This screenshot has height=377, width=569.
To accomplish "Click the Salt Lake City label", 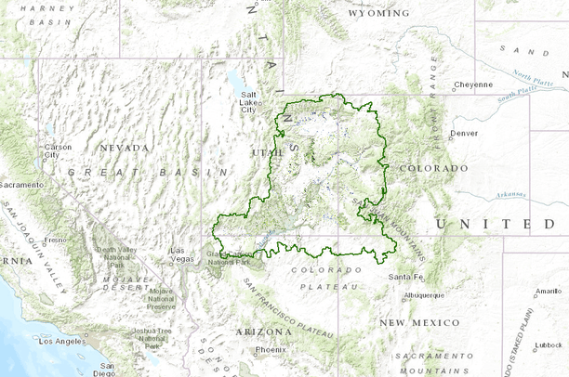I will pos(248,102).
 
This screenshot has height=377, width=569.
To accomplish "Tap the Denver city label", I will pos(464,133).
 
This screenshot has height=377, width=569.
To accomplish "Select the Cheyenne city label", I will pos(473,84).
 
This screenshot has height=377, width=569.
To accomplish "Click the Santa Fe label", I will pos(405,277).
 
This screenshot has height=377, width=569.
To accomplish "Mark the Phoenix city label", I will pos(271,349).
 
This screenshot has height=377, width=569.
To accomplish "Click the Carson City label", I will pos(58,149).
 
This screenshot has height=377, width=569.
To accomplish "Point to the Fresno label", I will pos(56,240).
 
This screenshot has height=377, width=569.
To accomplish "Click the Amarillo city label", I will pos(549,291).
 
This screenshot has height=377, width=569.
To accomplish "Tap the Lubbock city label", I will pos(549,344).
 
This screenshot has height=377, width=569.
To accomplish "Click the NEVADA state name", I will pos(125,148).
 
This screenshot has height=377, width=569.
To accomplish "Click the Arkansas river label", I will pos(511,195).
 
